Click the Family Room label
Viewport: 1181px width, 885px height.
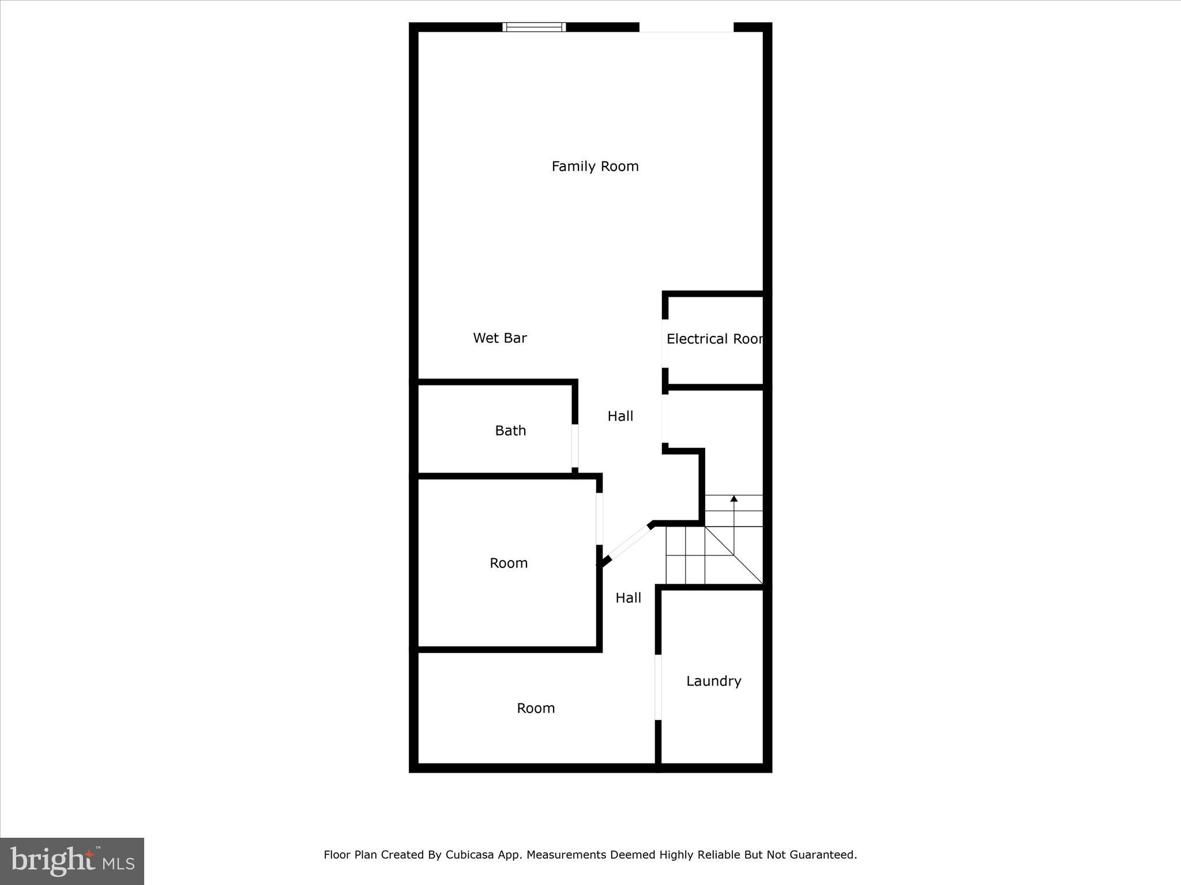[595, 167]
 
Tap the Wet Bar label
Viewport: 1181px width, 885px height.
[499, 338]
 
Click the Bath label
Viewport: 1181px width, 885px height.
[510, 430]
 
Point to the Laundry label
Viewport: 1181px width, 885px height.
[713, 681]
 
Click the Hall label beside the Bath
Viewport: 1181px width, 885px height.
[620, 416]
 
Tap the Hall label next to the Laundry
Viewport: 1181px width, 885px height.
[628, 598]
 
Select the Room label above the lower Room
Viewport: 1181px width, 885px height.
[508, 563]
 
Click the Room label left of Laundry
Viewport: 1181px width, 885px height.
[535, 708]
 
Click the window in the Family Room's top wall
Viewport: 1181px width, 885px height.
[534, 27]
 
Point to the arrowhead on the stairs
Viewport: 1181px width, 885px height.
[734, 498]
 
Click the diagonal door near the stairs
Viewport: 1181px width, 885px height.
[629, 542]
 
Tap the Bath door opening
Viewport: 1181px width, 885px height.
[575, 446]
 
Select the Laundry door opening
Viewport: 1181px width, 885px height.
[658, 687]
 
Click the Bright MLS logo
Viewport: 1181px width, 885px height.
[72, 861]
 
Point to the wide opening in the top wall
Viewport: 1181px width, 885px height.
[686, 27]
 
